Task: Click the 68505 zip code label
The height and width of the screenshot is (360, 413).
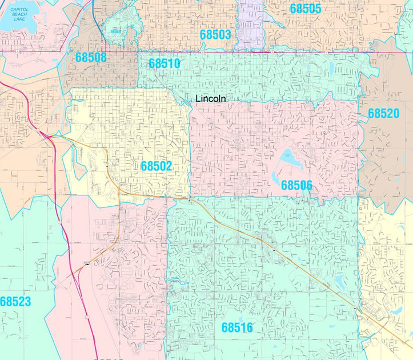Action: [x=305, y=9]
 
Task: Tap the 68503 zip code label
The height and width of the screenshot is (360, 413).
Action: [x=215, y=34]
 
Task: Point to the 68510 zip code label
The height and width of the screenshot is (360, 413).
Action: [x=165, y=63]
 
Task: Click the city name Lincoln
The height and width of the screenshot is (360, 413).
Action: [x=210, y=98]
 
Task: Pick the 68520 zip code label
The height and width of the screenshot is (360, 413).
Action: [x=383, y=114]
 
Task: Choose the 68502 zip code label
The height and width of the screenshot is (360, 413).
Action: [x=156, y=166]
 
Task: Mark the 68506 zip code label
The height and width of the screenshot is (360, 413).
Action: [x=296, y=185]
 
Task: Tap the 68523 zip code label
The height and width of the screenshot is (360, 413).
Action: [x=15, y=302]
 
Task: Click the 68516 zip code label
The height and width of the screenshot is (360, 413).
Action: [x=237, y=327]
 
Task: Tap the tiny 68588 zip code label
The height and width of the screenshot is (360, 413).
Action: [x=116, y=31]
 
